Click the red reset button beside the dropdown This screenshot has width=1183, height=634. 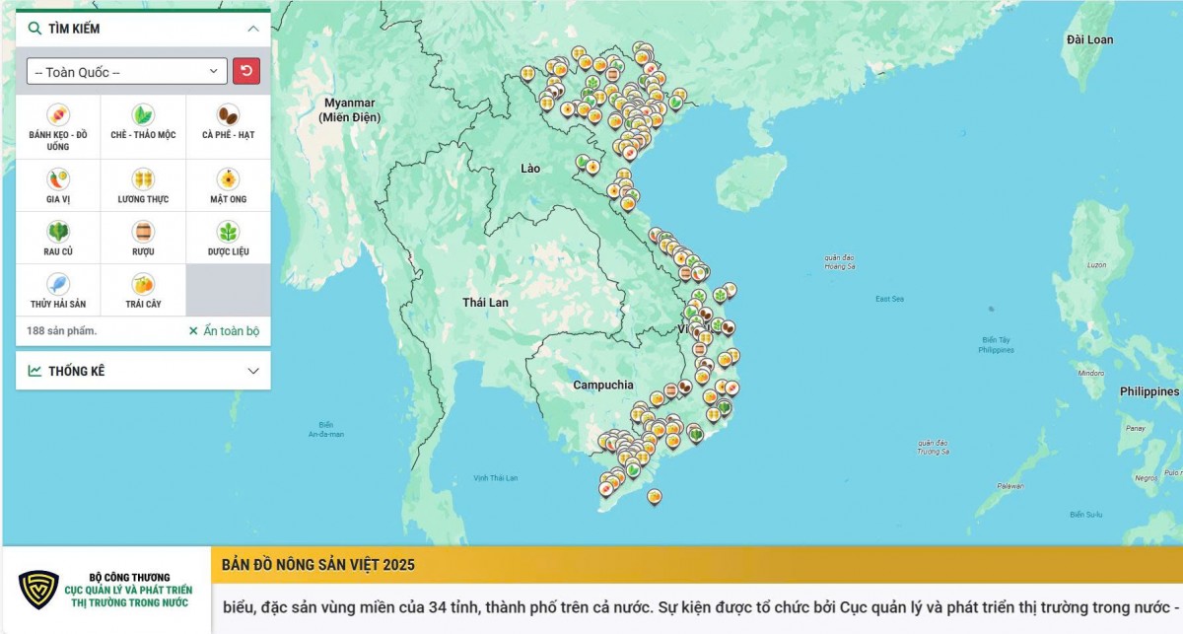[x=245, y=71]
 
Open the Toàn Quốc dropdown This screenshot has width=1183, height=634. [x=127, y=72]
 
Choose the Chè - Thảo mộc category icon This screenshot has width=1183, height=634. [x=143, y=115]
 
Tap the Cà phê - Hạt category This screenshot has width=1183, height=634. [x=228, y=115]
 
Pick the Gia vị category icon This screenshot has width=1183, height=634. [x=58, y=179]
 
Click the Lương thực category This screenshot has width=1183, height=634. [x=143, y=179]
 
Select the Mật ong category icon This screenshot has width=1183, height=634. [x=228, y=179]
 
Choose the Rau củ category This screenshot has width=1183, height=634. [x=58, y=232]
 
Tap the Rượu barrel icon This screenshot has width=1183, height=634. [x=143, y=232]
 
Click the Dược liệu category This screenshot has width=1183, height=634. [x=228, y=232]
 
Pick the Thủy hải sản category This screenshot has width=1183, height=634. [x=58, y=284]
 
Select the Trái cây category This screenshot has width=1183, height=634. [x=143, y=284]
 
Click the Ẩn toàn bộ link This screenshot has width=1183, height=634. [x=224, y=331]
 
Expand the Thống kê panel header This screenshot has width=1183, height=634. [x=143, y=371]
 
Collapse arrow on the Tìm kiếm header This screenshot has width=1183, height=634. [x=253, y=29]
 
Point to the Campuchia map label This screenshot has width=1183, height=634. [x=603, y=385]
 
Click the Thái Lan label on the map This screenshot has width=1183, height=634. [x=485, y=302]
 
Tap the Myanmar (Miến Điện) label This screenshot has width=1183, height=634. [x=350, y=109]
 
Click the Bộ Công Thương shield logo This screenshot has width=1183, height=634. [x=38, y=590]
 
